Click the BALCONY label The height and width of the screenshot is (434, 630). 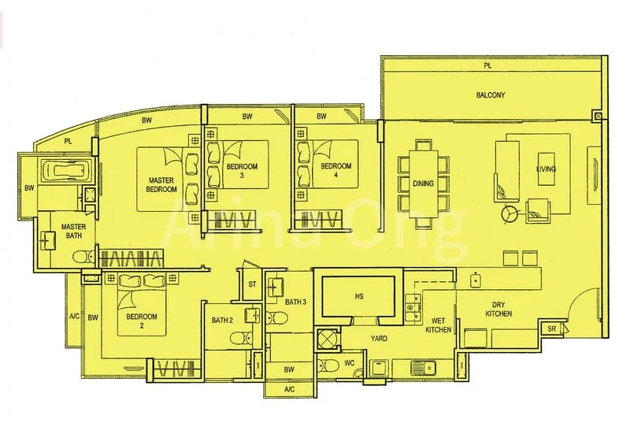(490, 95)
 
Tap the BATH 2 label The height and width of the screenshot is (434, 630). (222, 320)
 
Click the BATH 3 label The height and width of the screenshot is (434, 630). (295, 302)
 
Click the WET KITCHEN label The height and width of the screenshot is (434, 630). (439, 325)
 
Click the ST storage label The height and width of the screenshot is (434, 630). (253, 284)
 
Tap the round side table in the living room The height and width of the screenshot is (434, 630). (510, 213)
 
